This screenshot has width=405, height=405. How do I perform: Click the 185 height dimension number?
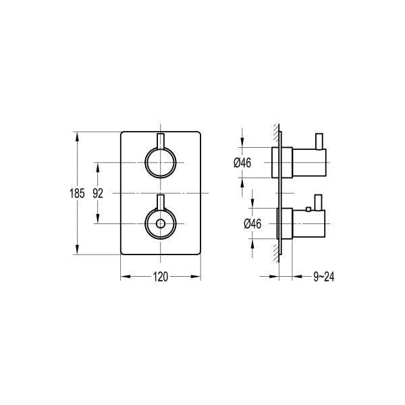(77, 192)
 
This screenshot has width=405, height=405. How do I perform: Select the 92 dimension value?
(98, 192)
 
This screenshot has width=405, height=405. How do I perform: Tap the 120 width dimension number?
(161, 275)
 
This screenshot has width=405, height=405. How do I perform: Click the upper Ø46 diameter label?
(242, 162)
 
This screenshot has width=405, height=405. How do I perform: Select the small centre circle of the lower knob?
(161, 223)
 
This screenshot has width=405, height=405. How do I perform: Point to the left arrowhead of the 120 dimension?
(124, 275)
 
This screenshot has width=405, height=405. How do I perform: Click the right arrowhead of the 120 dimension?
(198, 275)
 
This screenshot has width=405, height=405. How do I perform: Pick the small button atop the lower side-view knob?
(308, 210)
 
